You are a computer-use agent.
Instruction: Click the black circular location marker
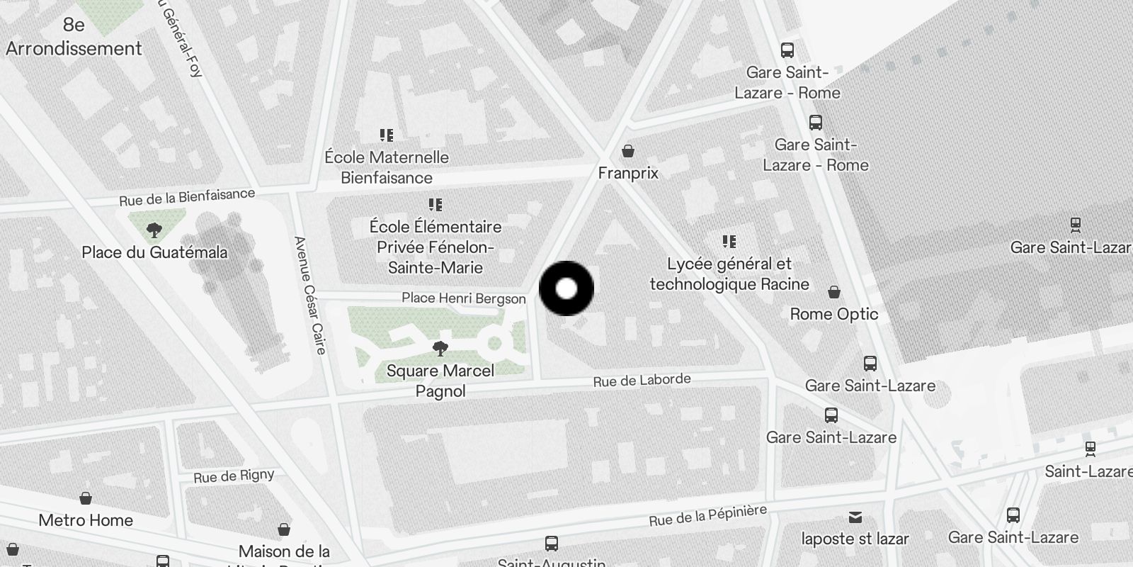tap(566, 288)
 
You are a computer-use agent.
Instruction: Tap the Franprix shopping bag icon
tap(627, 151)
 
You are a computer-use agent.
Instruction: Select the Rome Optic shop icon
tap(834, 292)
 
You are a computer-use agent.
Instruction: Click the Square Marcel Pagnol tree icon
tap(440, 348)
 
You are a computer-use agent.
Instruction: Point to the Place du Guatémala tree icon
tap(154, 230)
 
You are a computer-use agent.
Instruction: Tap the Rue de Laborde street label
tap(642, 381)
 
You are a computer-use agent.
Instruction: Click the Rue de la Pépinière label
tap(707, 515)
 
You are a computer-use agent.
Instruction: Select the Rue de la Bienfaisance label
tap(187, 197)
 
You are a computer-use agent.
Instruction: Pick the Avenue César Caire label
tap(310, 295)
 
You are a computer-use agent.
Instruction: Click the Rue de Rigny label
tap(234, 476)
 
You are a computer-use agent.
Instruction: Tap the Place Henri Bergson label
tap(464, 298)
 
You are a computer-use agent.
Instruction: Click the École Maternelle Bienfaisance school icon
tap(386, 135)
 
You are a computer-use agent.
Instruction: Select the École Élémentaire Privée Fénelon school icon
tap(435, 205)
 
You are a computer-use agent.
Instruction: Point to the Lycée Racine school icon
tap(729, 242)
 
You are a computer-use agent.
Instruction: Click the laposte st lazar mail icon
tap(855, 517)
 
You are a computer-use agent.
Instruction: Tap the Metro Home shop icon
tap(86, 498)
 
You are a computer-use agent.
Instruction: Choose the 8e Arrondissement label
tap(74, 37)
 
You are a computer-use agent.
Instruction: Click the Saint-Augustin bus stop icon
tap(552, 544)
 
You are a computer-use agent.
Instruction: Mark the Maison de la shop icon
tap(284, 529)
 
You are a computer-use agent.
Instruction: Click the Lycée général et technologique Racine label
tap(729, 274)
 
